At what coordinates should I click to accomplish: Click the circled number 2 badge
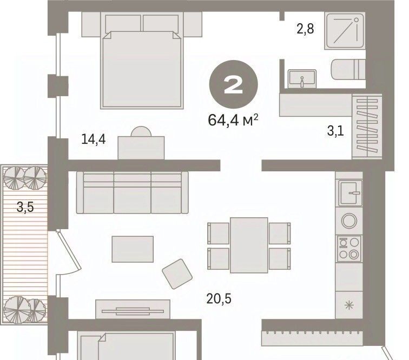[x=233, y=84]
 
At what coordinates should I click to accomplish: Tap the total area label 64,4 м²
[x=233, y=120]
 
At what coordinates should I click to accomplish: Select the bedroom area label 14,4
[x=94, y=139]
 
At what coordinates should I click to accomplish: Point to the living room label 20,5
[x=219, y=298]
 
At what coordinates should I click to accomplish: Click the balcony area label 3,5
[x=25, y=207]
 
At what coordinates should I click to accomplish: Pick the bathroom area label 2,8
[x=305, y=29]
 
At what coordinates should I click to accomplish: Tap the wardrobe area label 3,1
[x=336, y=131]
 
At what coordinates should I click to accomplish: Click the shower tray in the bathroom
[x=345, y=31]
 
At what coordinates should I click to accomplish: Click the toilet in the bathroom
[x=348, y=70]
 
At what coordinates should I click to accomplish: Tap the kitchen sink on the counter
[x=351, y=193]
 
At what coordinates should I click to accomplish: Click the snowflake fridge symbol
[x=349, y=304]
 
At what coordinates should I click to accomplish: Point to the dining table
[x=249, y=245]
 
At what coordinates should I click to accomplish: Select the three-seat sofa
[x=132, y=192]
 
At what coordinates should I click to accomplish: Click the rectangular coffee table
[x=133, y=249]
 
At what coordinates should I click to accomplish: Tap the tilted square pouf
[x=177, y=274]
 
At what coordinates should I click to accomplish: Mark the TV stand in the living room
[x=133, y=309]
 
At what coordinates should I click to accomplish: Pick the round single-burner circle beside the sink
[x=349, y=221]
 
